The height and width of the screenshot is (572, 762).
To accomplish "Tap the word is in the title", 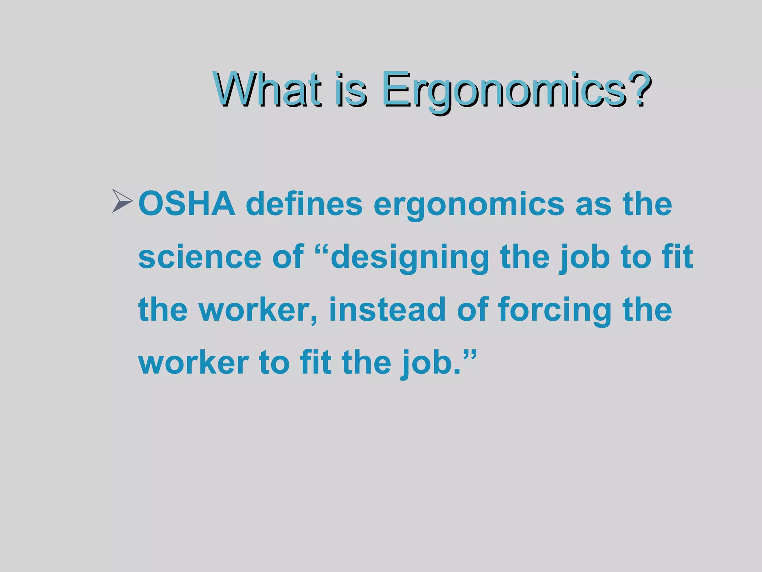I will pos(350,89).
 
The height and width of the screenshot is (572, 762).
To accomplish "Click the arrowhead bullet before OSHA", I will pos(122,201).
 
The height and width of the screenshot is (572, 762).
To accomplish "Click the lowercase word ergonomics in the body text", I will pos(469,205).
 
